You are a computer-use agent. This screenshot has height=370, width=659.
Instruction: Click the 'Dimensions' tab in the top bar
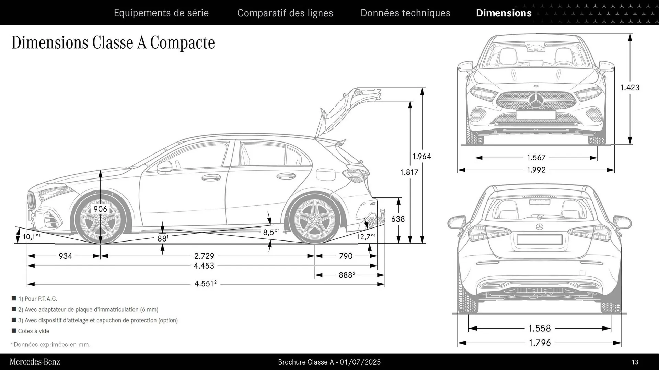tap(504, 13)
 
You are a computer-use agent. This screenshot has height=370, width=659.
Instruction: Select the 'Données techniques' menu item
tap(405, 13)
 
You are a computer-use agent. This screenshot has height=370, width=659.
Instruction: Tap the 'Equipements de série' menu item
tap(161, 13)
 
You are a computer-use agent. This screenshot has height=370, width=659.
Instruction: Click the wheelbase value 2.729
tap(204, 256)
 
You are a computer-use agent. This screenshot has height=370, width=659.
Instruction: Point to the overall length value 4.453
tap(204, 266)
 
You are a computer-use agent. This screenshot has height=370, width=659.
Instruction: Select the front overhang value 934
tap(66, 256)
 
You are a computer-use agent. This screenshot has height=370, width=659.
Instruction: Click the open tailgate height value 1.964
tap(421, 157)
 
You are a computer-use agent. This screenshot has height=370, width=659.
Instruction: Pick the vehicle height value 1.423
tap(629, 88)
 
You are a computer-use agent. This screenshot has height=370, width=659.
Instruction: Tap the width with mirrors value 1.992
tap(536, 170)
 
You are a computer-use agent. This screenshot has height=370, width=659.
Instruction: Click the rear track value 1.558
tap(540, 328)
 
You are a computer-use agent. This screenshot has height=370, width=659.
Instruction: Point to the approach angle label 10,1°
tap(31, 237)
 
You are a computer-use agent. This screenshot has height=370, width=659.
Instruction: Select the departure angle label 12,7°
tap(366, 237)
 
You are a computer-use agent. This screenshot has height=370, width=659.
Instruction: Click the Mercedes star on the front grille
tap(535, 100)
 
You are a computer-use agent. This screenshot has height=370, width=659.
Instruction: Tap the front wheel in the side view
tap(101, 220)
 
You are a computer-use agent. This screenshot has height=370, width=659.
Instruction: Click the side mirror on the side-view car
tap(165, 167)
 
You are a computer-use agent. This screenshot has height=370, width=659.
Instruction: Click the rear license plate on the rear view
tap(539, 239)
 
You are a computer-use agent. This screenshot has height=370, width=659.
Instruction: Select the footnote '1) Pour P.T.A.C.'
tap(37, 299)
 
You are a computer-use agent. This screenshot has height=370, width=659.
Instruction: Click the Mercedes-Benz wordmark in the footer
tap(35, 362)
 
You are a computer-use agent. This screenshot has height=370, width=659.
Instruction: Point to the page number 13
tap(635, 362)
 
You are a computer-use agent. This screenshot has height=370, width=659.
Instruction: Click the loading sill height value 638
tap(398, 219)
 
